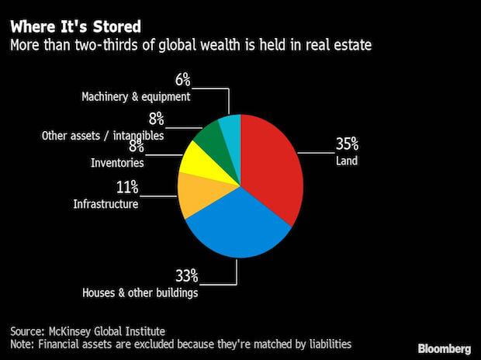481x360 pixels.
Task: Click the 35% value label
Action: (347, 144)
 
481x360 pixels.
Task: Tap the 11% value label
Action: (127, 186)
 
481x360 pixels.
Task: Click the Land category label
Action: (346, 161)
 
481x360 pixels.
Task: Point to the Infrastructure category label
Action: (106, 204)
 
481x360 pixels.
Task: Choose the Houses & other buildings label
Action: (140, 292)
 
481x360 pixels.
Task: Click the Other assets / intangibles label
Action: (102, 136)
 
